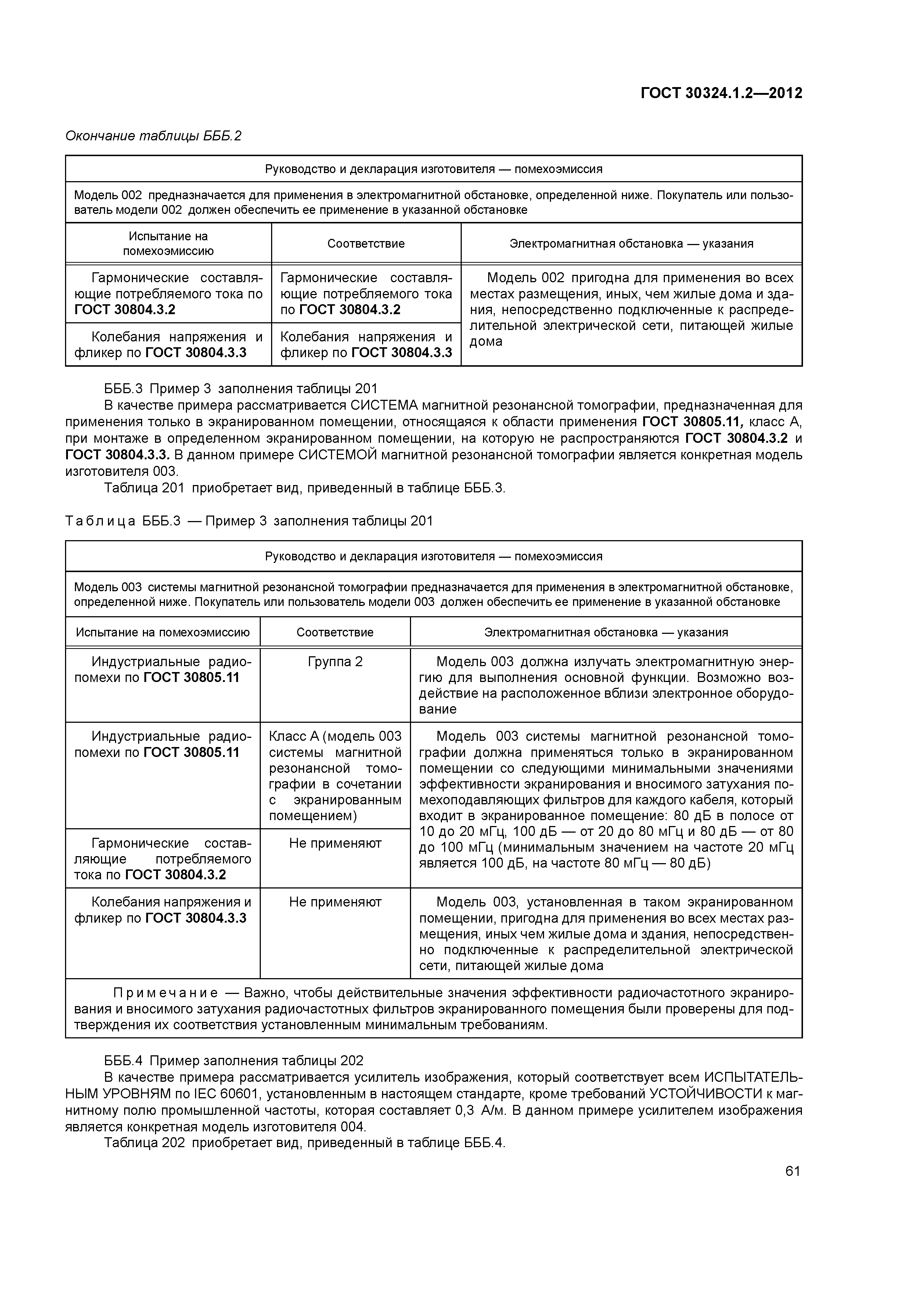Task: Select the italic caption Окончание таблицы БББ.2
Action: (x=153, y=136)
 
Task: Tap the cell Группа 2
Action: (x=335, y=661)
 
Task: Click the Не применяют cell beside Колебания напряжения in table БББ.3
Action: (x=335, y=902)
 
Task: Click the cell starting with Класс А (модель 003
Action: (x=335, y=775)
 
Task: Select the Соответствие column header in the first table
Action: (x=366, y=244)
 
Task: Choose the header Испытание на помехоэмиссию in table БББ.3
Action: (x=163, y=632)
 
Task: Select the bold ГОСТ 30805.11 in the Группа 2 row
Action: (x=191, y=678)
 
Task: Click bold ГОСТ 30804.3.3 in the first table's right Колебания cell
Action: (x=402, y=353)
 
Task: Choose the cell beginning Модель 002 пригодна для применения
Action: (x=631, y=309)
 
